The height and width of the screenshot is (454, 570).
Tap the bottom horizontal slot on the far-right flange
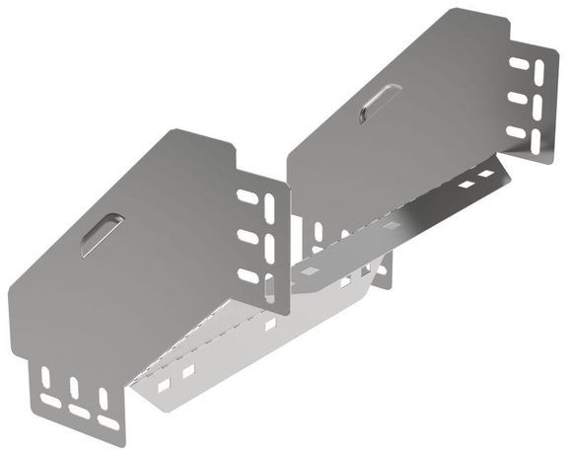coord(520,132)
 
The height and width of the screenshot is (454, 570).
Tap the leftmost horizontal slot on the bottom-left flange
coord(51,402)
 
